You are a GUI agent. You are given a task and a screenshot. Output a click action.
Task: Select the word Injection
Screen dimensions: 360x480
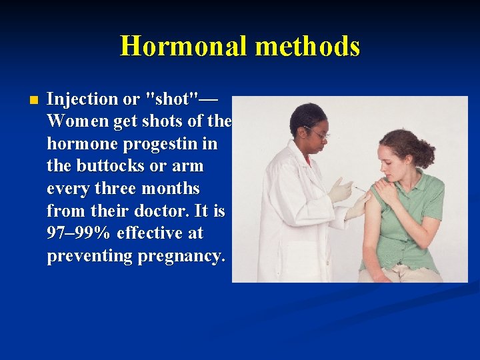coord(83,99)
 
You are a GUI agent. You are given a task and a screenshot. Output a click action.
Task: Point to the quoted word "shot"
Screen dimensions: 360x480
coord(172,99)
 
